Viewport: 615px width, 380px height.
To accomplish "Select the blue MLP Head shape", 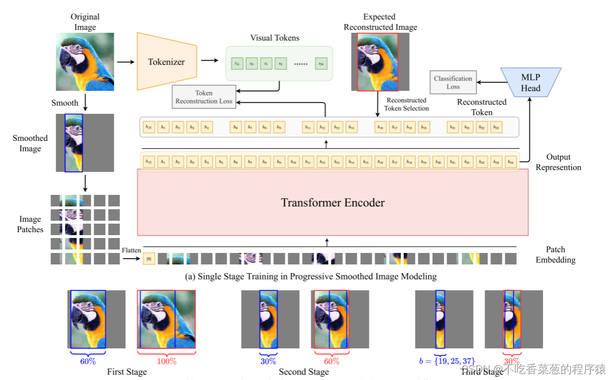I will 530,83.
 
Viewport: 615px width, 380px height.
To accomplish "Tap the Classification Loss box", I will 453,83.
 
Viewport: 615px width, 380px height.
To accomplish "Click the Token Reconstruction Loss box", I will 204,97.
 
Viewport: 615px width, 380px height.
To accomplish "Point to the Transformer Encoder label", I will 333,202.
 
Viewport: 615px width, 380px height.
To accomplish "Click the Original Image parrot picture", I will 85,61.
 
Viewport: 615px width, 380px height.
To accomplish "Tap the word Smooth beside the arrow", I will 64,103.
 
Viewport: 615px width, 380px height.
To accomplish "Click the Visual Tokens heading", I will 274,38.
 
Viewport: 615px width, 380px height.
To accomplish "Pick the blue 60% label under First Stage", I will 87,361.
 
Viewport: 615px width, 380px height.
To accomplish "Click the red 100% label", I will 166,361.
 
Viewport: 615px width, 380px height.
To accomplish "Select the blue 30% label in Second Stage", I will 268,361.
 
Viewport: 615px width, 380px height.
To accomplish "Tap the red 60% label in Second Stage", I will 331,361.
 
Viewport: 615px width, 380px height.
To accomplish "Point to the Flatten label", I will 131,251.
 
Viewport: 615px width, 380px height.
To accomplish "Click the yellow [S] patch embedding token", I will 149,259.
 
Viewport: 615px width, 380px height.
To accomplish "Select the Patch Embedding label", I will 555,255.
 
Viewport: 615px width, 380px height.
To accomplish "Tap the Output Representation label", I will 558,162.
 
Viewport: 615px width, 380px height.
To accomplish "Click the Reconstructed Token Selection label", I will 407,104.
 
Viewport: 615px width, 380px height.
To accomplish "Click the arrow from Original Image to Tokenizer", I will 124,62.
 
